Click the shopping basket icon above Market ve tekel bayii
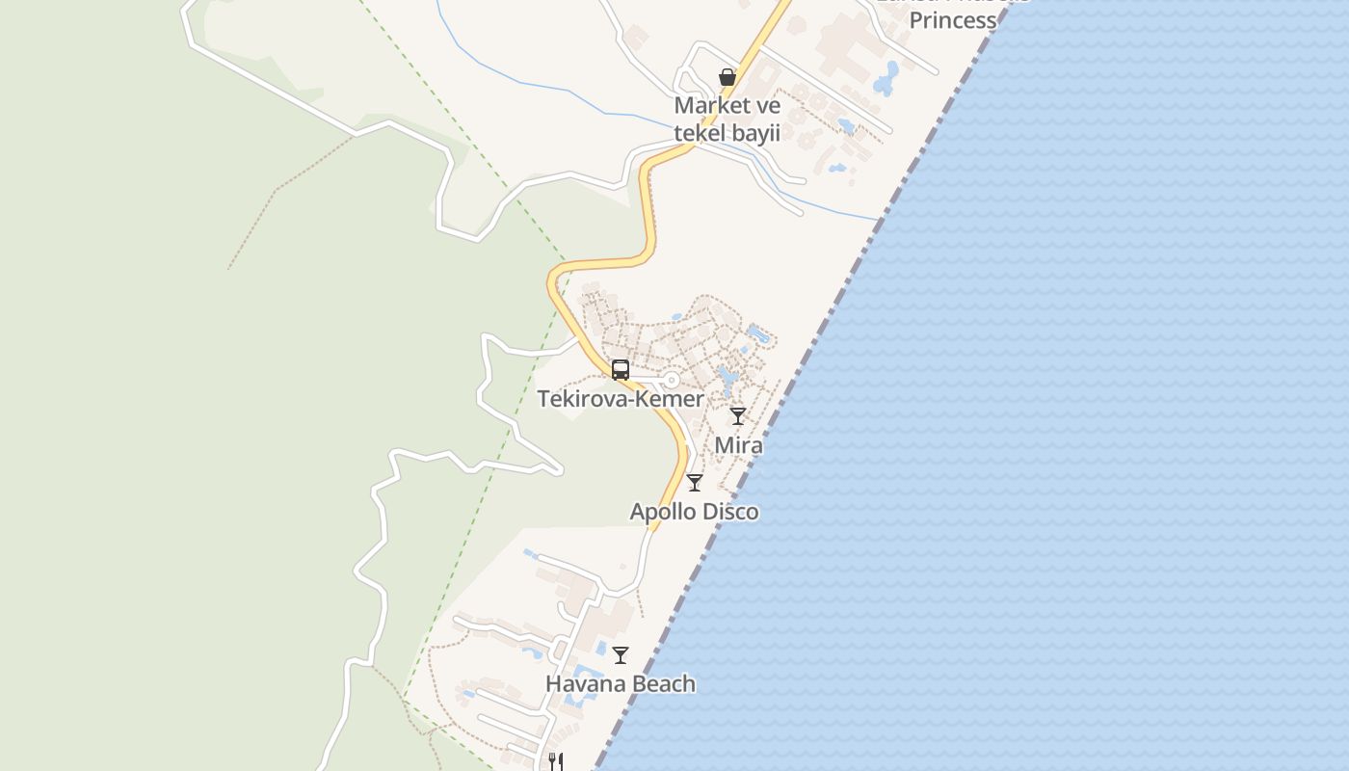(x=727, y=77)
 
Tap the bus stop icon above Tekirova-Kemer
(x=621, y=370)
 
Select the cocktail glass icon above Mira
(x=738, y=416)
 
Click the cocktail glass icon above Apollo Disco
(x=695, y=483)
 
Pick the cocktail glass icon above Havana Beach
(x=621, y=655)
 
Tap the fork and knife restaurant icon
(x=555, y=761)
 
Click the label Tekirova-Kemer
(x=621, y=398)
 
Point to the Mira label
(x=738, y=445)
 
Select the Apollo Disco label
(x=694, y=512)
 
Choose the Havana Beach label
(x=621, y=684)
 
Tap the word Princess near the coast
(x=952, y=20)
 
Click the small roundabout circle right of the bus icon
(x=672, y=381)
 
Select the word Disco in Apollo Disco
(x=729, y=512)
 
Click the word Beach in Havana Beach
(x=661, y=684)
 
